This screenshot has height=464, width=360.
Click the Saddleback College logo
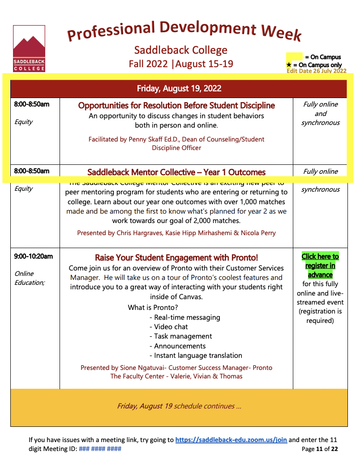click(x=29, y=48)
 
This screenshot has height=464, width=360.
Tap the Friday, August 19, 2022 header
click(x=179, y=88)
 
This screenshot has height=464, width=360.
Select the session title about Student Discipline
click(x=176, y=106)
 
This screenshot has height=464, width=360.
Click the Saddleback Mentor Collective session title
click(x=176, y=172)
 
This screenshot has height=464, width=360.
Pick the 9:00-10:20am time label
click(x=33, y=257)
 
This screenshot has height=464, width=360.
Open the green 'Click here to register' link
click(x=320, y=266)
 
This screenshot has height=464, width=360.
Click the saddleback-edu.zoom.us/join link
click(x=231, y=440)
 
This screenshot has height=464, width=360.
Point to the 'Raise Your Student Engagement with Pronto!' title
click(x=176, y=258)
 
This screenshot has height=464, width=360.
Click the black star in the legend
click(x=289, y=65)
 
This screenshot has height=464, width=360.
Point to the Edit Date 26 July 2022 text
click(x=316, y=71)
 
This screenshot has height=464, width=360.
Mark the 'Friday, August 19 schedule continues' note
click(x=179, y=406)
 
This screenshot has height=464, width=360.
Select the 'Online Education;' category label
click(x=30, y=278)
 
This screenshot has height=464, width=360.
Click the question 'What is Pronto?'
click(x=153, y=307)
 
